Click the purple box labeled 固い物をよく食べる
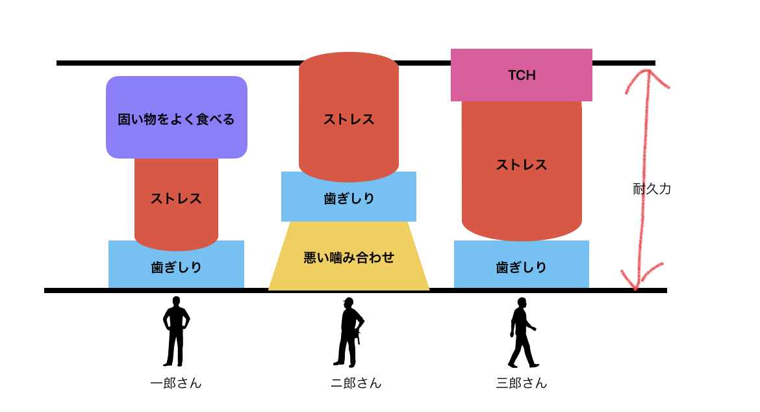click(177, 118)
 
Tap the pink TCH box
click(522, 75)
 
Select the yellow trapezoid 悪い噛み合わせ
click(349, 256)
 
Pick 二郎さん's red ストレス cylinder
click(349, 116)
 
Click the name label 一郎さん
click(176, 383)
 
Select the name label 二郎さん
click(356, 383)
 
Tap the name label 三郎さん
click(522, 383)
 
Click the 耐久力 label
click(652, 188)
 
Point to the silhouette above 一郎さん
click(176, 331)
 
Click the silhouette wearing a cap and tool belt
click(348, 333)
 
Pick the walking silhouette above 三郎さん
click(522, 333)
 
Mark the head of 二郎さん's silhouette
click(348, 303)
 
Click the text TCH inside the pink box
click(522, 75)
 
